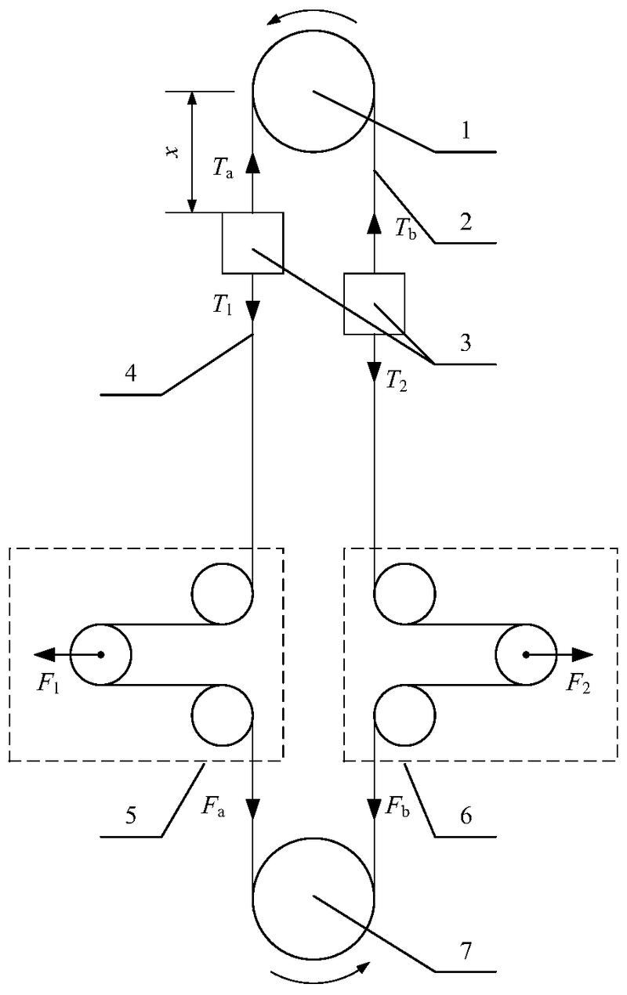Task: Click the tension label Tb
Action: [x=403, y=228]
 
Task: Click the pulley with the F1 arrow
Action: [x=101, y=654]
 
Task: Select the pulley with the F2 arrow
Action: [x=526, y=654]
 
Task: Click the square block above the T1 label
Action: [x=252, y=243]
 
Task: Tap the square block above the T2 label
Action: [x=375, y=303]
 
